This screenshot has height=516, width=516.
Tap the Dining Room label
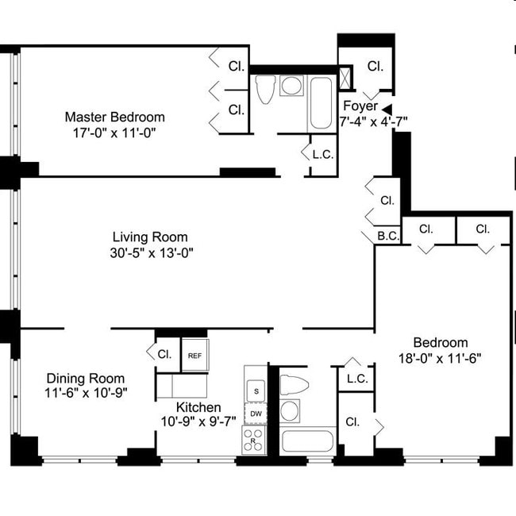point(85,378)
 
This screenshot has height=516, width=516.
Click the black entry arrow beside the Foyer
point(387,109)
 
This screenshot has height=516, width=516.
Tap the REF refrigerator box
point(194,356)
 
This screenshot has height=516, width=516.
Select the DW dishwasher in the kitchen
point(256,414)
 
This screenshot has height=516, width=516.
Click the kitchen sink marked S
point(256,391)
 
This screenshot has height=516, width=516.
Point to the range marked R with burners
point(254,440)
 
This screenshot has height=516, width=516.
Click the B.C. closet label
point(387,235)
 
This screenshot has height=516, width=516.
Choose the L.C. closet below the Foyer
point(322,154)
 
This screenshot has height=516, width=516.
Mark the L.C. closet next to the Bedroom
point(357,379)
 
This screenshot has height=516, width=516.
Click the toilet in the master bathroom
point(265,89)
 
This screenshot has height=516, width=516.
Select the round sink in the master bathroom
point(291,86)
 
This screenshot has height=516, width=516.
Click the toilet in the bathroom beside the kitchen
point(293,384)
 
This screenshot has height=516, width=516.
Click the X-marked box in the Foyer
point(347,79)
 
